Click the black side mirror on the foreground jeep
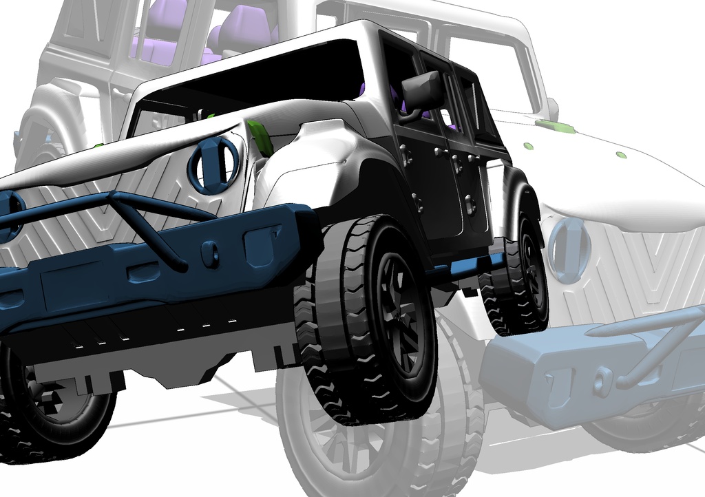(422, 91)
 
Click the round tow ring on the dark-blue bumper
(210, 255)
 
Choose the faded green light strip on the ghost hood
(555, 126)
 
